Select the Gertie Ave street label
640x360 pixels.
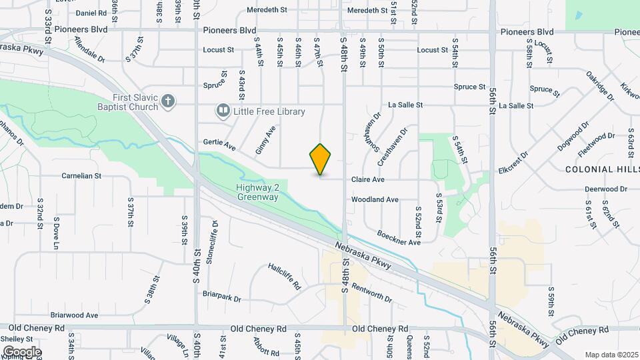[x=220, y=145]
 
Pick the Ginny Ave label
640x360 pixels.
[x=265, y=141]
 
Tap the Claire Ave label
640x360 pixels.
[x=368, y=180]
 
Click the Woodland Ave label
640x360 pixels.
[x=375, y=199]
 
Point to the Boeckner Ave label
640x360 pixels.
[x=399, y=237]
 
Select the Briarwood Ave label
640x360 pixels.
[x=74, y=315]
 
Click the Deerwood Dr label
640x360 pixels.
[x=606, y=189]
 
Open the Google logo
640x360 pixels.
[x=21, y=351]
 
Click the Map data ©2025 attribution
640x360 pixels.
[x=610, y=355]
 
